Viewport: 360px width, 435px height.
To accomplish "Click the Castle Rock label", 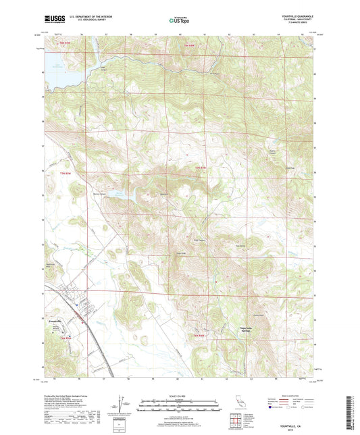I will pyautogui.click(x=257, y=315).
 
